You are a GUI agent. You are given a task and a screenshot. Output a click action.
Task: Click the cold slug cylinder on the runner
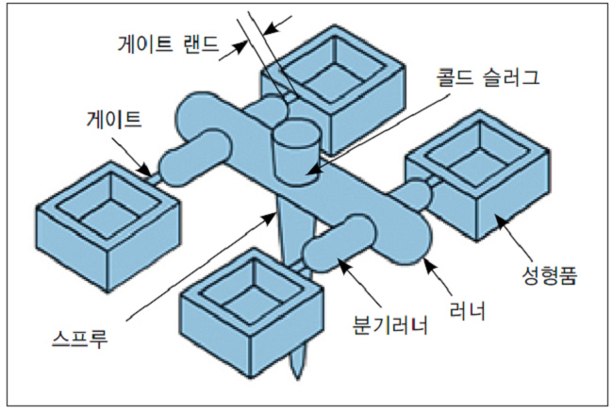point(296,150)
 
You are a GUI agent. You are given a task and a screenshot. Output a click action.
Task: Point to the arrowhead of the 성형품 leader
point(496,216)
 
